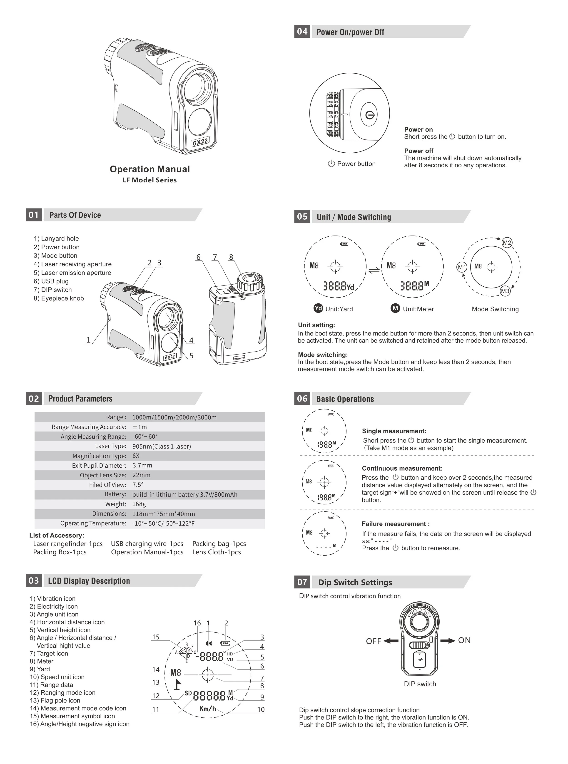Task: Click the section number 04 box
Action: coord(302,32)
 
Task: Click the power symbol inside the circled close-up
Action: coord(370,115)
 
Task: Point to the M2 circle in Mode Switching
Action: coord(507,243)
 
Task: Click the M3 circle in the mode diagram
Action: coord(505,291)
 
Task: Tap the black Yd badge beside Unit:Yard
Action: coord(318,308)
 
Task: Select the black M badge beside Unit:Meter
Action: coord(395,308)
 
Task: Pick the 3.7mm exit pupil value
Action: coord(142,465)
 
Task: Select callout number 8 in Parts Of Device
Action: coord(231,257)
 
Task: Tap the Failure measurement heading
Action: coord(395,524)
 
